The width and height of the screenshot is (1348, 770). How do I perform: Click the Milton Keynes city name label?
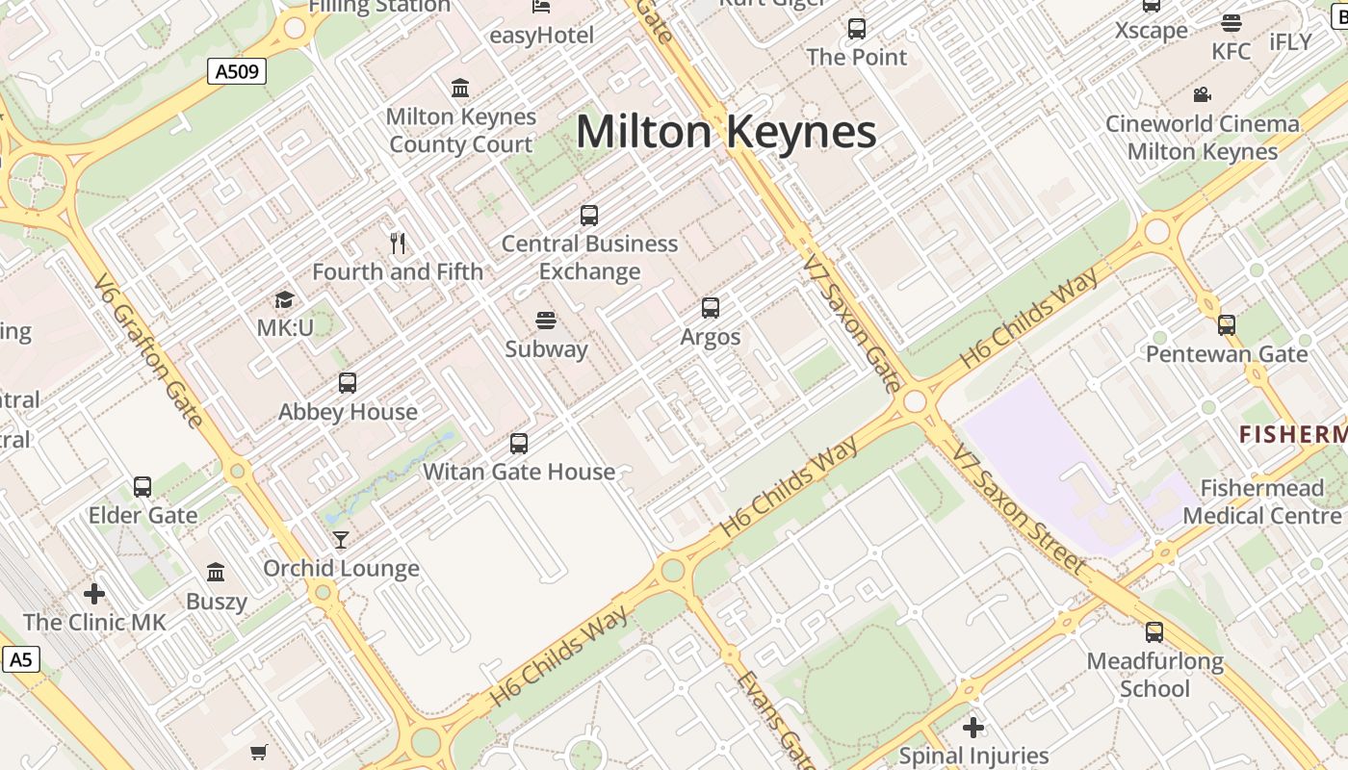[726, 132]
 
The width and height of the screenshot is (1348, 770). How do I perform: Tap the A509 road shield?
[236, 70]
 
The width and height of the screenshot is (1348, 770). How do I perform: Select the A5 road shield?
[21, 659]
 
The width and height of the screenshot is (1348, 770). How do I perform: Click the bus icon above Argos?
[711, 308]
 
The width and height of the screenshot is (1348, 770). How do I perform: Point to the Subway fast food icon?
[546, 320]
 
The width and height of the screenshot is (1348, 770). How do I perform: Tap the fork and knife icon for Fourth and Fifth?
[398, 243]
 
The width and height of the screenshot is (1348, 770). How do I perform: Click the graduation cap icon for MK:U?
[284, 299]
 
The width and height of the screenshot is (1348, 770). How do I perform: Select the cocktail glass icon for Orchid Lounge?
[341, 539]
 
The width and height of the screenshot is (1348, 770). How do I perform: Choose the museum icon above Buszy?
[216, 573]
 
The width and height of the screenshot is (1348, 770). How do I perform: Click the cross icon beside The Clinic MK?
[94, 593]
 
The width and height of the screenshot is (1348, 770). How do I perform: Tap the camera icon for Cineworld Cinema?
[1202, 94]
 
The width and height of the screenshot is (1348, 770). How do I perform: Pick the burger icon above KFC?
[1231, 23]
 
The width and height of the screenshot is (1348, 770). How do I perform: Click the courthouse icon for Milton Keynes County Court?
[460, 89]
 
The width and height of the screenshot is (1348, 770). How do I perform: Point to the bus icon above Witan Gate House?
[519, 443]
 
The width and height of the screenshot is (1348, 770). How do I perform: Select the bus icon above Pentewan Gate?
[1226, 325]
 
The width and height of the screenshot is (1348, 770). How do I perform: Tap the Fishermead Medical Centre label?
[1261, 501]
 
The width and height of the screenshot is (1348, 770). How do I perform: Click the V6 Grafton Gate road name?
[148, 350]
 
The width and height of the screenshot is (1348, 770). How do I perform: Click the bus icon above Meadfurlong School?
[1154, 632]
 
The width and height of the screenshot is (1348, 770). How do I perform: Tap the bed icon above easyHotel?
[541, 8]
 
